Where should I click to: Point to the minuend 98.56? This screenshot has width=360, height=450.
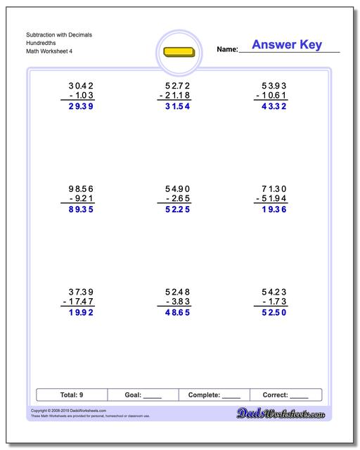pyautogui.click(x=78, y=188)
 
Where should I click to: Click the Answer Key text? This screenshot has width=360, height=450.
pyautogui.click(x=286, y=45)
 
